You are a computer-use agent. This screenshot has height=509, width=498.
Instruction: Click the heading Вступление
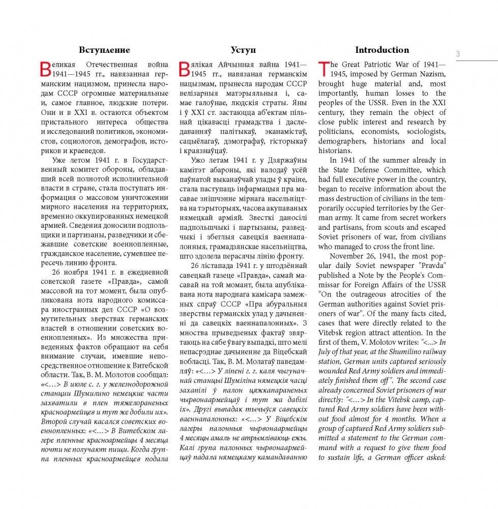pos(104,50)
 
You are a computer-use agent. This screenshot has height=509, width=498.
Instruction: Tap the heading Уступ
pos(243,50)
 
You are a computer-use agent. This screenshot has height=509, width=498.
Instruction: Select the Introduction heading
pos(382,50)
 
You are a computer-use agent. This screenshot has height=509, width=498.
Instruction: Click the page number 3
pos(458,53)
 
